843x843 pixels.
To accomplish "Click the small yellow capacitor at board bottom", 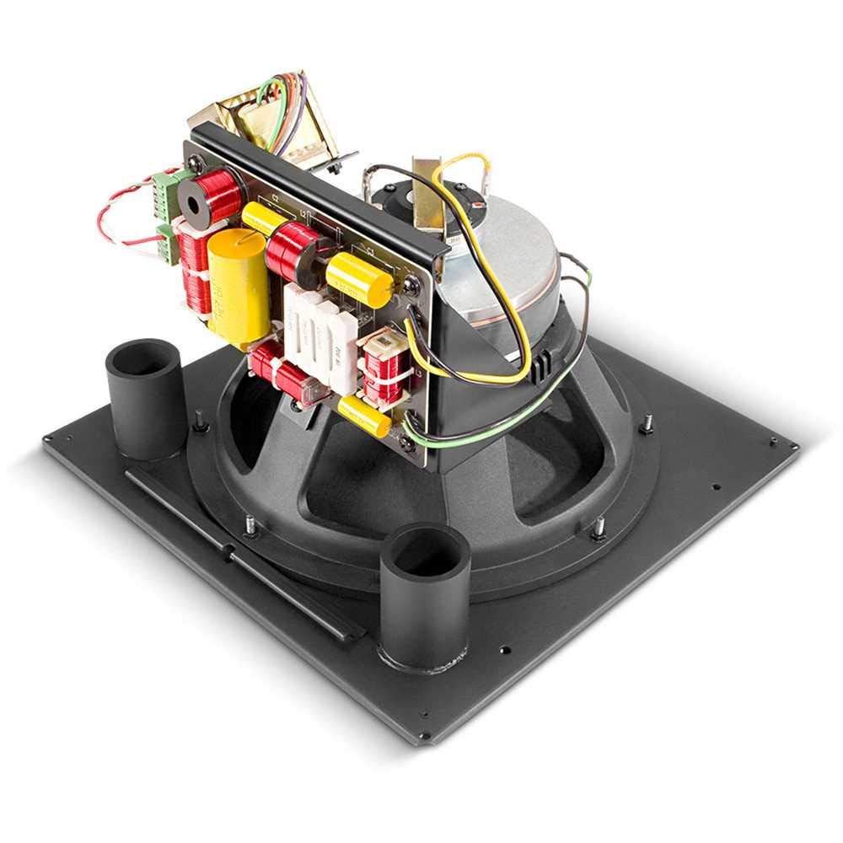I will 364,416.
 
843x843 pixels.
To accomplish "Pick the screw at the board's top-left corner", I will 195,164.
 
